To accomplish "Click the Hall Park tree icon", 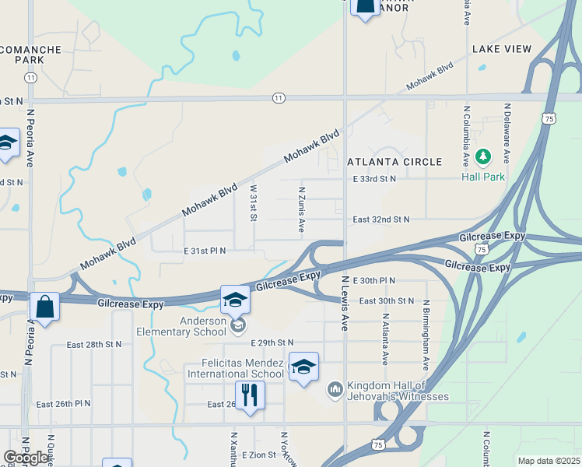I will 484,158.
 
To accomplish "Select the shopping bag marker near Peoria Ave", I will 45,307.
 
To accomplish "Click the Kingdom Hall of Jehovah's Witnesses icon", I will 335,388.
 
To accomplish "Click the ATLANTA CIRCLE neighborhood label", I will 394,162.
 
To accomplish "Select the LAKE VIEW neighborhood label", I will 502,49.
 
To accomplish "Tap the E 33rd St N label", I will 374,179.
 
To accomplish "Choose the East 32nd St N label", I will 381,219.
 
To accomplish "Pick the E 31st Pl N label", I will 205,251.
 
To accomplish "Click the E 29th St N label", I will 272,342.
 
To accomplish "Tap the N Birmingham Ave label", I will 426,334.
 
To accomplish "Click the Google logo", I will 26,458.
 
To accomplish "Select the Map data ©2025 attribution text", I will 549,461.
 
